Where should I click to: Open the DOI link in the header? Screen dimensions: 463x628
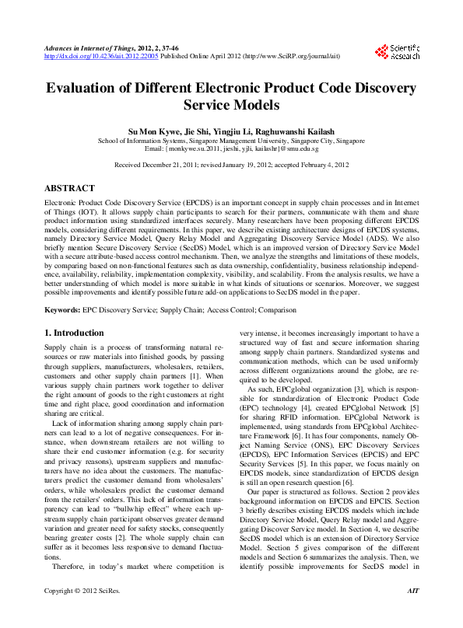coord(102,57)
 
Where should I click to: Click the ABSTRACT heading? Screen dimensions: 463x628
coord(70,189)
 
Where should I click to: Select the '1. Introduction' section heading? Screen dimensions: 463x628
coord(74,333)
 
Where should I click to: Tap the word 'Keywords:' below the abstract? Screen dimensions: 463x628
coord(62,310)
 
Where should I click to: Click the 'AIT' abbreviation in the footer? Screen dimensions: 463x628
coord(412,613)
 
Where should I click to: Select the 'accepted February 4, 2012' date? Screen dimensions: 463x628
coord(306,166)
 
